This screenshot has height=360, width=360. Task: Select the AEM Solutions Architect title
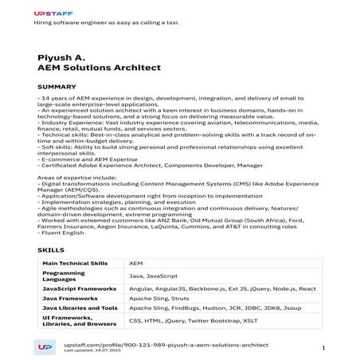click(x=99, y=68)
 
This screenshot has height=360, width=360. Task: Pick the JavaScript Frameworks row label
click(x=78, y=289)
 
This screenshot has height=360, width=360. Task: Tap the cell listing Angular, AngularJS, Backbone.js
click(x=222, y=289)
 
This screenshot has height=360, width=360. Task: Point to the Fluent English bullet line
click(x=60, y=233)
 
